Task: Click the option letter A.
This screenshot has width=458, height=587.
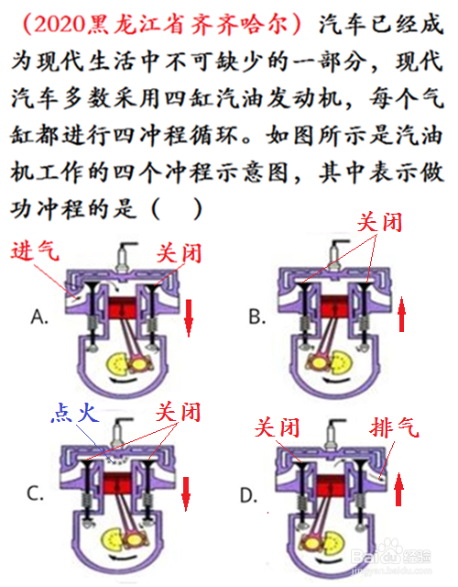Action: (x=39, y=316)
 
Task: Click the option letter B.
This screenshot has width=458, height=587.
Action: (x=257, y=316)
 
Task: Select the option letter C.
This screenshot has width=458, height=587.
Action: (x=36, y=493)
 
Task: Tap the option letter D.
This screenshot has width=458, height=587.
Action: (x=248, y=495)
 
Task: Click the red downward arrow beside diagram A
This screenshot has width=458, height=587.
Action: (x=189, y=317)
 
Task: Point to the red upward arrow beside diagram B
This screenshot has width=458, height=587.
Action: (x=401, y=314)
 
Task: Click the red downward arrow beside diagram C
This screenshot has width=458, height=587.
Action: (x=186, y=493)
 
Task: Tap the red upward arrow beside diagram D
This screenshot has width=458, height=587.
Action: (x=399, y=489)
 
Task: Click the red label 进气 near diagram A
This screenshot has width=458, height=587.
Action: (x=35, y=249)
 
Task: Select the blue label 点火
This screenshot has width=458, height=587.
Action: (x=75, y=413)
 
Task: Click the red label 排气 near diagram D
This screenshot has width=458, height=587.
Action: (x=395, y=427)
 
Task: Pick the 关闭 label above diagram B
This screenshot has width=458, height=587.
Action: (x=379, y=222)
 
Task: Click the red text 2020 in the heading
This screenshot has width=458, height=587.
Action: (x=60, y=25)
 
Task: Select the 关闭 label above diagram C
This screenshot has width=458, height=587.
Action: (x=179, y=412)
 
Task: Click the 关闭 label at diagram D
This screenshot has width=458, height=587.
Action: (x=277, y=427)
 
